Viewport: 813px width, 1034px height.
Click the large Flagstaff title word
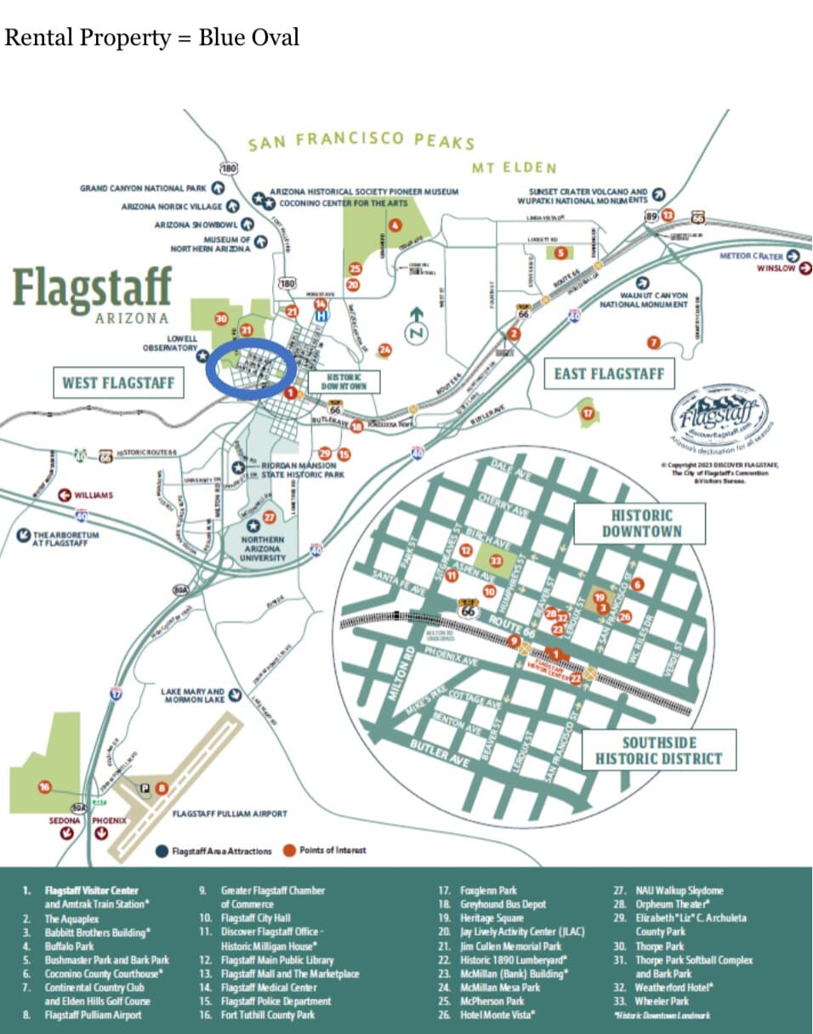tap(92, 287)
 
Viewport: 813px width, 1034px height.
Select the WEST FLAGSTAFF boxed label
tap(117, 383)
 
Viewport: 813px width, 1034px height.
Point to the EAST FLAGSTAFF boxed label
tap(608, 373)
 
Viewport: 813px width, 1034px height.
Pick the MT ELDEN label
tap(514, 168)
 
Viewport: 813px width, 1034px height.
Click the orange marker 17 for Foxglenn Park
tap(587, 413)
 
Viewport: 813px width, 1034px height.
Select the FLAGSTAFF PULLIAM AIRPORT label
tap(230, 814)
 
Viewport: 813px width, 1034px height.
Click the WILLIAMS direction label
tap(94, 495)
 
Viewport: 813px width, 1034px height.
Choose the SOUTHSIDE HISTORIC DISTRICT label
tap(658, 751)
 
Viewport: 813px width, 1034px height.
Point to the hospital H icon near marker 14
tap(321, 315)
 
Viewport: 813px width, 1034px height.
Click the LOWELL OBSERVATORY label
tap(170, 343)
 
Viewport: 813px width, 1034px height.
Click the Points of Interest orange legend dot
tap(289, 849)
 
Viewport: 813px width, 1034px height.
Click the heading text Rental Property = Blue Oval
tap(152, 38)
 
